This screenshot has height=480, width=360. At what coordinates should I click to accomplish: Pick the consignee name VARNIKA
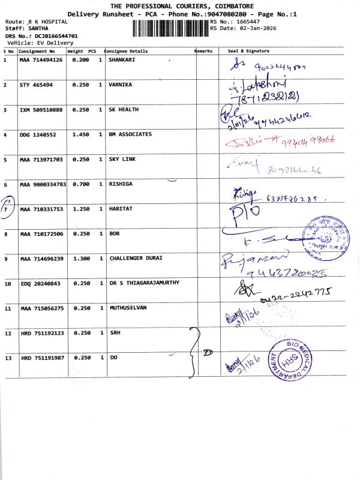(120, 85)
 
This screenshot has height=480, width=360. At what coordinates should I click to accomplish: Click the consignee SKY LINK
(122, 160)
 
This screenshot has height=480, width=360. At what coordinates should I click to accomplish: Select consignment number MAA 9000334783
(43, 184)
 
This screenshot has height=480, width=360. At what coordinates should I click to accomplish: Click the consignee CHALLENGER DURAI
(136, 259)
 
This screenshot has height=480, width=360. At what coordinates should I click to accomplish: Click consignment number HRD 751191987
(42, 358)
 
